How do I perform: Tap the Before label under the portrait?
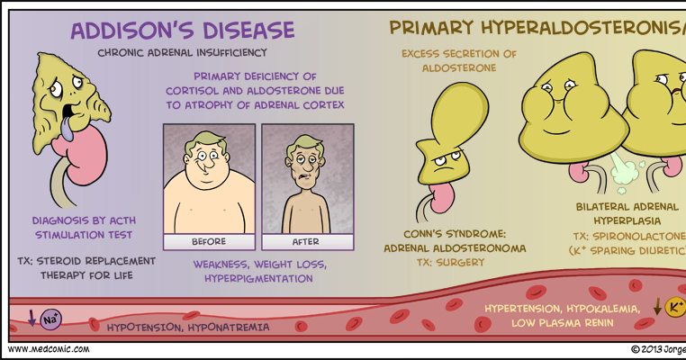[x=208, y=241]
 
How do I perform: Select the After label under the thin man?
[x=306, y=241]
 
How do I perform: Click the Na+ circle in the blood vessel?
[x=52, y=319]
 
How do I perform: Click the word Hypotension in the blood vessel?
[x=146, y=327]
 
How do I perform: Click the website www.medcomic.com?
[x=48, y=349]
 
